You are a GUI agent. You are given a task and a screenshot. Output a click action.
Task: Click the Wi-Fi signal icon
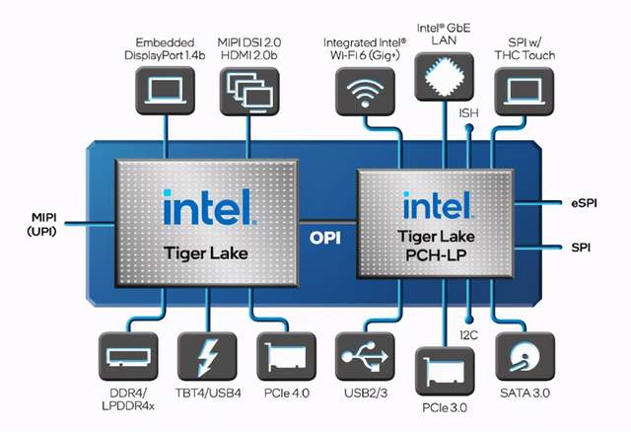pos(365,92)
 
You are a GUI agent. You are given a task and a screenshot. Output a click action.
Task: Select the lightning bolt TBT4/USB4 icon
pos(207,357)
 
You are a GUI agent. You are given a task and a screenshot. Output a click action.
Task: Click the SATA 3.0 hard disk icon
pos(525,357)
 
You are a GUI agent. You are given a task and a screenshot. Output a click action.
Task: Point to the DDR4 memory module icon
pos(128,357)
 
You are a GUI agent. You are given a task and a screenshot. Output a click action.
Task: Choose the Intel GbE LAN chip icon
pos(445,76)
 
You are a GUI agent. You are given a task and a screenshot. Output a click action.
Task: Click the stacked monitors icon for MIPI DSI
pos(249,91)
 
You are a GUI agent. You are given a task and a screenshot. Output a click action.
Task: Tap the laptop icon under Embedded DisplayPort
pos(165,91)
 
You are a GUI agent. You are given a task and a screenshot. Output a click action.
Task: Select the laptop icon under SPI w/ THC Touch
pos(524,92)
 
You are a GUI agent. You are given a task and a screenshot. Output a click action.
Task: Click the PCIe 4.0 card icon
pos(286,357)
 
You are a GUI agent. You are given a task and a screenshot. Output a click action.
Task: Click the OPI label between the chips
pos(325,238)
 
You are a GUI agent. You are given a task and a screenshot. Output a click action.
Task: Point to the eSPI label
pos(584,203)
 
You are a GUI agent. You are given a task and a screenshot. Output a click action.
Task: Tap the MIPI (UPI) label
pos(42,224)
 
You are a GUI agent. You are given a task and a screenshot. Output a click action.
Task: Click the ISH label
pos(469,113)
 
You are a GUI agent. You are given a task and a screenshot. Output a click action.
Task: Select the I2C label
pos(469,334)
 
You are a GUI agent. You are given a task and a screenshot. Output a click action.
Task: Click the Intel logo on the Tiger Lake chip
pos(208,207)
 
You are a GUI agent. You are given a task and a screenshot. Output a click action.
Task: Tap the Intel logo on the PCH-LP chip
pos(438,205)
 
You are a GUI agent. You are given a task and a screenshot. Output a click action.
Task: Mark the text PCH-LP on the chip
pos(436,255)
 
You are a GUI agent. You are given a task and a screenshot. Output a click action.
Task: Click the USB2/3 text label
pos(366,393)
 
